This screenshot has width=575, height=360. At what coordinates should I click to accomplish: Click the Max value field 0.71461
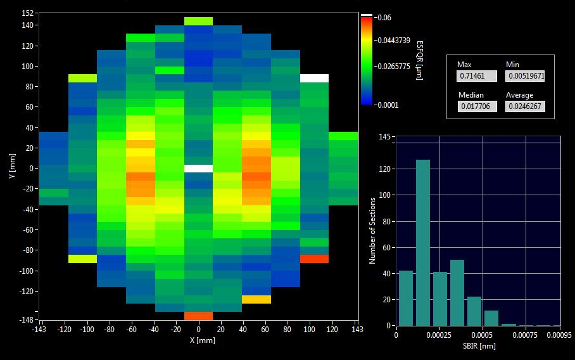point(476,76)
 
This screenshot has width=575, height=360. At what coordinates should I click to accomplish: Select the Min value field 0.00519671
point(525,76)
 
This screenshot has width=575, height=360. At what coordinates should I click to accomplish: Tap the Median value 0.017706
point(476,106)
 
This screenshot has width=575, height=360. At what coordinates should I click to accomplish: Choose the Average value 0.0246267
point(525,106)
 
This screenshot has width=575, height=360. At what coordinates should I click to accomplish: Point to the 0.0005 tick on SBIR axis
point(483,335)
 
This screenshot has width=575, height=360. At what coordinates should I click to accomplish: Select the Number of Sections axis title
point(372,231)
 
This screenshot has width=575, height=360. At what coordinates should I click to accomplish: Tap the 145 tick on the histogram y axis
point(383,138)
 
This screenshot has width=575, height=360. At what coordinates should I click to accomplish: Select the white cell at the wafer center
point(199,169)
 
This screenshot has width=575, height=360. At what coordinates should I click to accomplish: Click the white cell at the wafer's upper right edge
point(314,78)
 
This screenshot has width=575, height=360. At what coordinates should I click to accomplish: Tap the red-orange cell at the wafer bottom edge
point(199,316)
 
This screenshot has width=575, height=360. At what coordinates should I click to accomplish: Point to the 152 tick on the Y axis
point(27,13)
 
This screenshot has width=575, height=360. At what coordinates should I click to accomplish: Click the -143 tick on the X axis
point(39,330)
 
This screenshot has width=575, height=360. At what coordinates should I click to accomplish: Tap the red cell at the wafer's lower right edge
point(314,259)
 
